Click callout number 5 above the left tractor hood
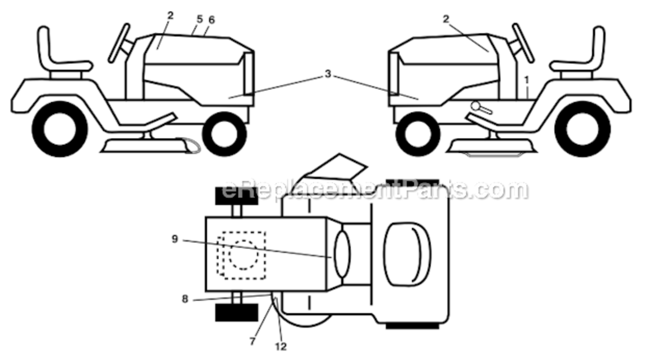[200, 19]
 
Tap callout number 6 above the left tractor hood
[212, 20]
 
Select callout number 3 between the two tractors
[328, 74]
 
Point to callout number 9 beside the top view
[175, 239]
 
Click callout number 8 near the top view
[185, 299]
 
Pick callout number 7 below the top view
[252, 342]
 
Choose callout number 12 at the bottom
[281, 347]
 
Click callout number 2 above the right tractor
[446, 19]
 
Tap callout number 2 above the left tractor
[170, 15]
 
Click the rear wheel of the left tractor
[60, 129]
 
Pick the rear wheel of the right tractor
[583, 129]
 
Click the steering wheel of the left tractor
[119, 43]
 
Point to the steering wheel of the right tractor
[523, 43]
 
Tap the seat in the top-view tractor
[407, 254]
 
